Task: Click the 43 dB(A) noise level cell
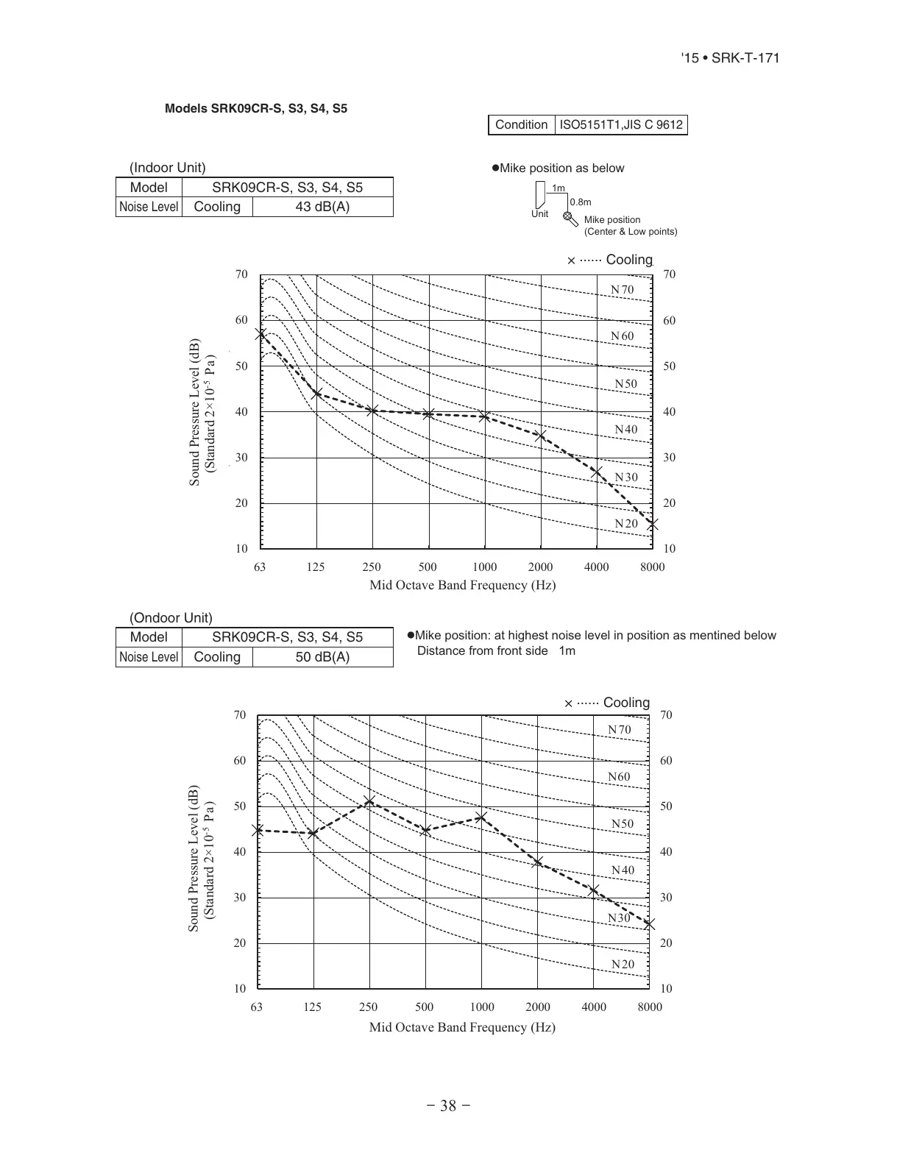pos(322,207)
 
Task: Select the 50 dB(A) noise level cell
pos(322,657)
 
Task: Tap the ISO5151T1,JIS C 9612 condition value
pos(621,125)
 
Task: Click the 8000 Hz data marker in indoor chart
pos(653,525)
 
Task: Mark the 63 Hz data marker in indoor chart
pos(260,334)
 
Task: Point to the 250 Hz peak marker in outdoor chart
pos(369,801)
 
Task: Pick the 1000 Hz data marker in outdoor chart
pos(481,817)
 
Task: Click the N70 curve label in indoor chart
pos(622,290)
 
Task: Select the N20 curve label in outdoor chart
pos(622,965)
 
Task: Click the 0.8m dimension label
pos(581,202)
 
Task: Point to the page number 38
pos(448,1106)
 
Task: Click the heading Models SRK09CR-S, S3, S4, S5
pos(256,109)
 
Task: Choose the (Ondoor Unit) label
pos(171,618)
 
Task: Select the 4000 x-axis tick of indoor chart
pos(596,567)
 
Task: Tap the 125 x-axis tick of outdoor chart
pos(313,1007)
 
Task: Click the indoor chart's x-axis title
pos(462,586)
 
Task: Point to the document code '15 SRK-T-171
pos(730,58)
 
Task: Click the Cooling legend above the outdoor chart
pos(607,703)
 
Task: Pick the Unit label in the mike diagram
pos(540,214)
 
